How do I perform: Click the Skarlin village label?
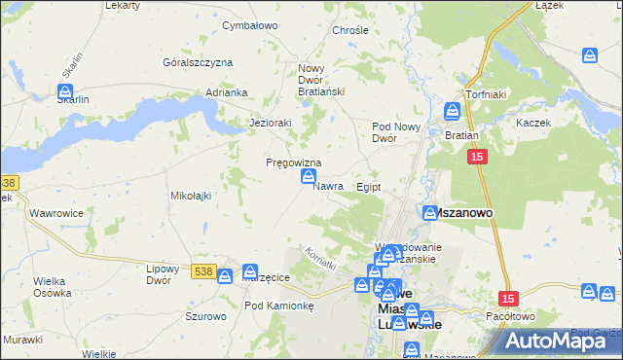(73, 100)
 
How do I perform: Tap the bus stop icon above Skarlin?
(64, 91)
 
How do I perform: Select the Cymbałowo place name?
(251, 25)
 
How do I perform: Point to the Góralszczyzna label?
(199, 62)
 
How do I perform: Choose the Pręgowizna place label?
(294, 162)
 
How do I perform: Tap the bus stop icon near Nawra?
(309, 176)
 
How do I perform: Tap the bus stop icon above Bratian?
(454, 112)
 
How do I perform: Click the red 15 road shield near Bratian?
(476, 157)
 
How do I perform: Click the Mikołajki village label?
(192, 196)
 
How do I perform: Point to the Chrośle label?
(350, 30)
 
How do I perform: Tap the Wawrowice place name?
(55, 212)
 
